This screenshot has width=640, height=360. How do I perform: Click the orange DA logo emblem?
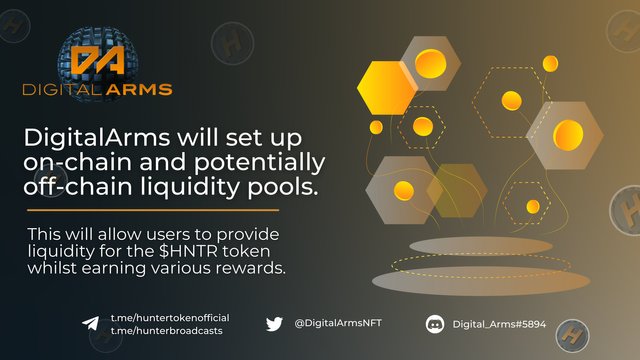click(98, 60)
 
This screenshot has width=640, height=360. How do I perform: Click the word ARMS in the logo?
click(139, 89)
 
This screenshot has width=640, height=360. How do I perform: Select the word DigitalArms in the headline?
click(97, 139)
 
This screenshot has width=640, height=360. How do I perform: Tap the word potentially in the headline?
click(260, 163)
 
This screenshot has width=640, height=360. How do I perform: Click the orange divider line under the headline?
click(153, 210)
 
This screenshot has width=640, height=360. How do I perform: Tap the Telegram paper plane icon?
click(91, 323)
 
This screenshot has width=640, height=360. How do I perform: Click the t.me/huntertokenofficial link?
click(170, 318)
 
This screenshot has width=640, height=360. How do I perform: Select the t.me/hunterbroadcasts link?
click(167, 331)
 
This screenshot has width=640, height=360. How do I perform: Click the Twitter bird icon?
click(274, 324)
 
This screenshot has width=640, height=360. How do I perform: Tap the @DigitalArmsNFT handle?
click(338, 323)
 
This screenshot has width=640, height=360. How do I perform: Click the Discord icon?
click(435, 324)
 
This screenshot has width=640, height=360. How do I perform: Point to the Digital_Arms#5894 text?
click(499, 324)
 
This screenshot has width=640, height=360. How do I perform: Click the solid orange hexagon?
click(387, 88)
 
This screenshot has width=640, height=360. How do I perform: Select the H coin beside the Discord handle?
click(572, 336)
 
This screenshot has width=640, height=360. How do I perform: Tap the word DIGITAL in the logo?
click(62, 89)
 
